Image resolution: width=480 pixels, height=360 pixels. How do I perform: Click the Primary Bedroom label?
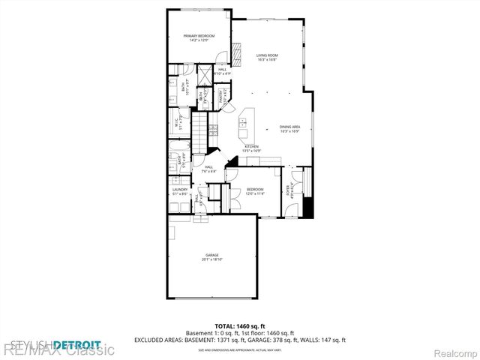pos(198,37)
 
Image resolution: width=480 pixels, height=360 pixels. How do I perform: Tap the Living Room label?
pos(267,57)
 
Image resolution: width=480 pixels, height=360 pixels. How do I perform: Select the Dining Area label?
pos(289,129)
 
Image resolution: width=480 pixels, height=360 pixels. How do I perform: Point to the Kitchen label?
pos(251,148)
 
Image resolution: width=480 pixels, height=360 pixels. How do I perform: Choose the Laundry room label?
pos(179,191)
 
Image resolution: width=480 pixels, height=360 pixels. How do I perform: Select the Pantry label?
pos(222,96)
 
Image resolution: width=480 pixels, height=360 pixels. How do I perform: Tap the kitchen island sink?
pos(246,121)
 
